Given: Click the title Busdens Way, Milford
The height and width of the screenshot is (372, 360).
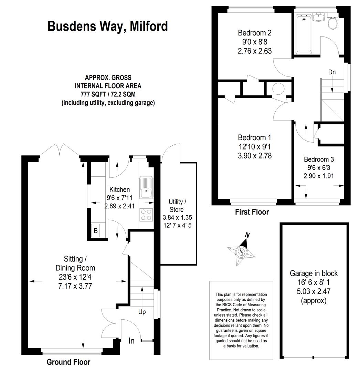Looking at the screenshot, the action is point(108,26).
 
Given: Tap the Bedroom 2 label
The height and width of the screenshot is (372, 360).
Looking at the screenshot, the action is point(255,33).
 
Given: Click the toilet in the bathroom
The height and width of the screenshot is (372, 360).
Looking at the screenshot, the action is point(333,21).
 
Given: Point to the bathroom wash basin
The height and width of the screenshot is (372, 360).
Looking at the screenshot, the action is point(319,17).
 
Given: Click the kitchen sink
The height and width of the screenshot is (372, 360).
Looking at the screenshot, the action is point(146,187).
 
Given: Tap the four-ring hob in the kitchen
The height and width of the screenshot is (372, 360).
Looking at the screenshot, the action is point(146,215).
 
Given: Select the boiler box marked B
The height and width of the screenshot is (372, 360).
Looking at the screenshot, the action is point(96,230).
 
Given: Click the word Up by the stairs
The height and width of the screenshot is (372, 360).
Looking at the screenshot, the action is point(142,312).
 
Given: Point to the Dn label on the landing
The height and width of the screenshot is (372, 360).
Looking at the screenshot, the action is point(332,72).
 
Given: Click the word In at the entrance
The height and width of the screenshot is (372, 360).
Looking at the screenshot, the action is point(131,341).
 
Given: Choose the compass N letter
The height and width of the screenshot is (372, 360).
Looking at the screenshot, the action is point(247,235).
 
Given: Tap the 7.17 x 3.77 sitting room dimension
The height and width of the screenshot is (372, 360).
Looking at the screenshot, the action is point(75,286).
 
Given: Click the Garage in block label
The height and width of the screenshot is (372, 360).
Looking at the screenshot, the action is point(314,273).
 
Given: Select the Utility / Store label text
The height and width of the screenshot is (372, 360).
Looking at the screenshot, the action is point(177,206).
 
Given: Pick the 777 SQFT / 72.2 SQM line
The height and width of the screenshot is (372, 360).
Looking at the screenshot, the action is point(108,94).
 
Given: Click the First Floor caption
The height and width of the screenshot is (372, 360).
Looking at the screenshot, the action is point(252,212).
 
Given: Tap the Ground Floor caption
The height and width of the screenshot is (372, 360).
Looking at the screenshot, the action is point(68,362).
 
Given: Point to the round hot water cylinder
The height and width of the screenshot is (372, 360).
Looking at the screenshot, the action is point(278,89).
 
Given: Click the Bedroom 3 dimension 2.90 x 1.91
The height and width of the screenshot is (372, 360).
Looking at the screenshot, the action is point(319,176).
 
